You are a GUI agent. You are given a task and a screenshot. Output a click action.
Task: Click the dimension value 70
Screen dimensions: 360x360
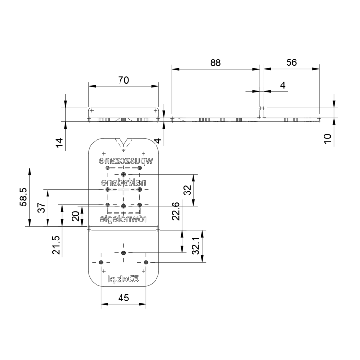(x=123, y=80)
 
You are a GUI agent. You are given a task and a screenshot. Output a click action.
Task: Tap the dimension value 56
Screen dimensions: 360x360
(x=291, y=62)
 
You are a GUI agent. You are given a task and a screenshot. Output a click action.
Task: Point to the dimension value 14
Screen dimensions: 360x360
(x=59, y=142)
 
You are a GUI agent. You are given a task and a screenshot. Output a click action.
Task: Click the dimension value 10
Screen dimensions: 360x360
(x=327, y=139)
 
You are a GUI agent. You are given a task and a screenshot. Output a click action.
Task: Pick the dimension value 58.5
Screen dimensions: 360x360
(x=23, y=197)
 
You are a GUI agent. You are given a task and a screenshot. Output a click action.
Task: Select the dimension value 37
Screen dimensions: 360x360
(x=41, y=208)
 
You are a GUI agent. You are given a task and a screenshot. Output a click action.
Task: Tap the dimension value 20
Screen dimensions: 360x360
(x=75, y=216)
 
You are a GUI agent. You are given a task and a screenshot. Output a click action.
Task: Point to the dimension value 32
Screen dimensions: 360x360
(x=188, y=190)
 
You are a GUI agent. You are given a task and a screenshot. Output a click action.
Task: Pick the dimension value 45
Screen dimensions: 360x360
(x=123, y=298)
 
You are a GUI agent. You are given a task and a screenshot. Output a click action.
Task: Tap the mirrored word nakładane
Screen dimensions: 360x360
(x=123, y=183)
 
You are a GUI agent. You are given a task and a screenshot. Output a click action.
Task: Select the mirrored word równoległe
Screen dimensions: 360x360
(x=123, y=219)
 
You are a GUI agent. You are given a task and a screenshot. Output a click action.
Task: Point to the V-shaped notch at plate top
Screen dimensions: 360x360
(x=123, y=143)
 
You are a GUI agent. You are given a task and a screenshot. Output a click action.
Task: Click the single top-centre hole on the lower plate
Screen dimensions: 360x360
(x=123, y=252)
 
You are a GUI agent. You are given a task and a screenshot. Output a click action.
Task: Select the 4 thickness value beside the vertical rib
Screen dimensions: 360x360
(x=283, y=85)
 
